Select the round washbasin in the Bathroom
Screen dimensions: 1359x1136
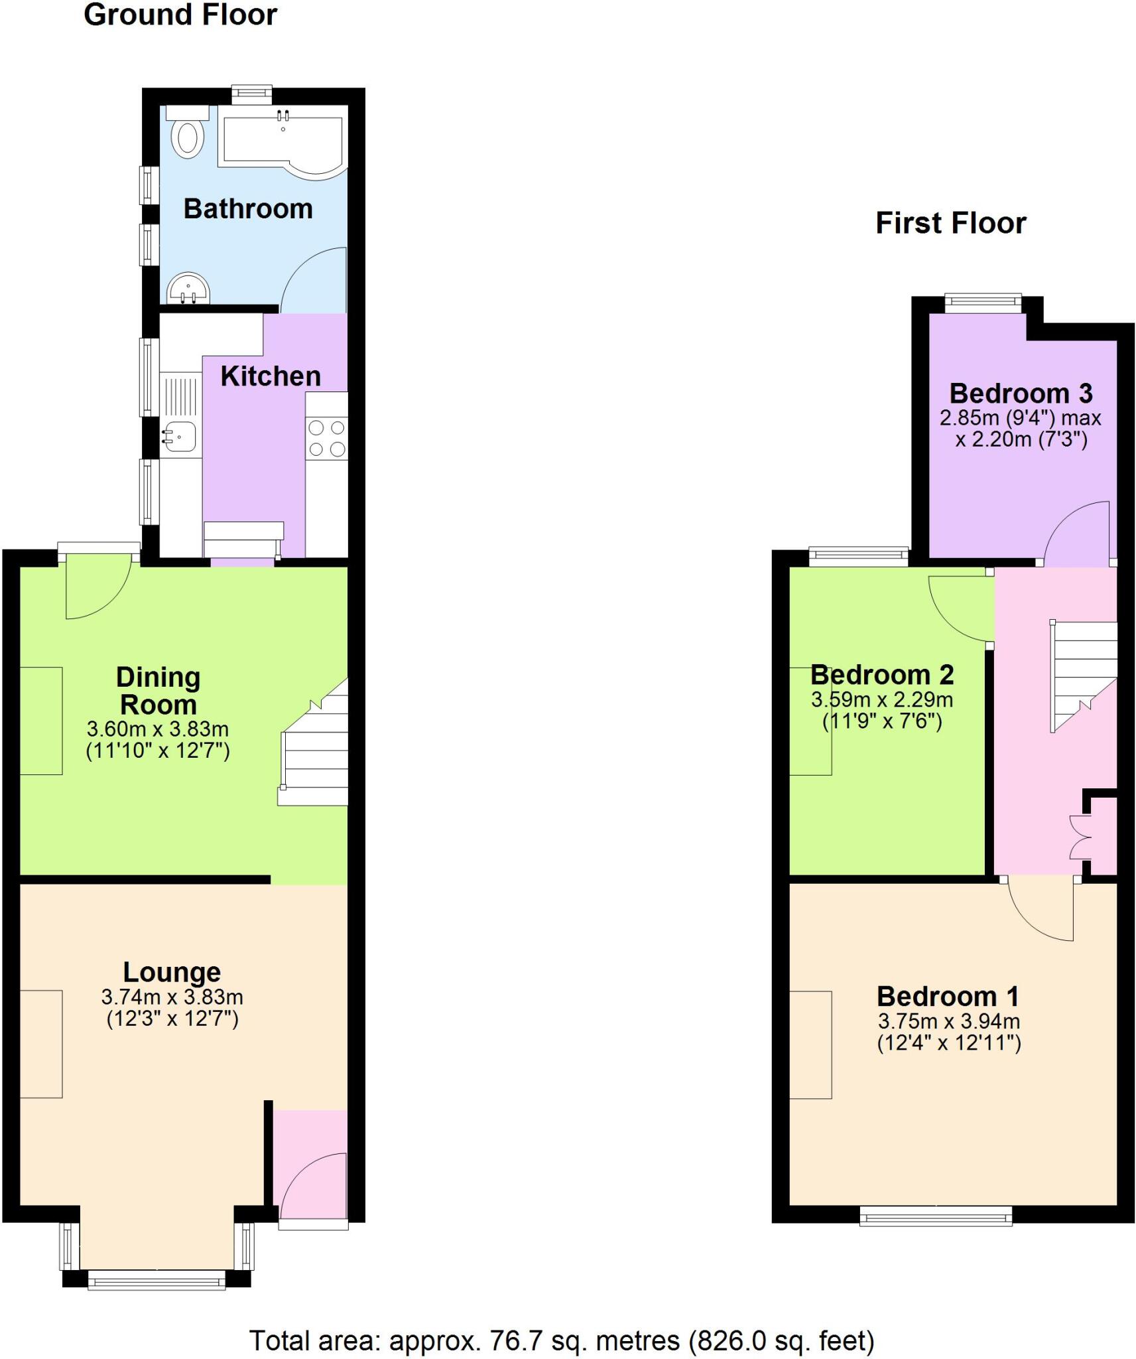188,289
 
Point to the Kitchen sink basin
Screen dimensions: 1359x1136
179,437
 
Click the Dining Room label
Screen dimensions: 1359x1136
158,690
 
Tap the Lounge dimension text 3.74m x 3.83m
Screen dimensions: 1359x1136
172,997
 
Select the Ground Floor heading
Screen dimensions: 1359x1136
180,15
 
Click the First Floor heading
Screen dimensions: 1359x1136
950,223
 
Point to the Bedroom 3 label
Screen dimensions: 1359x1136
1021,393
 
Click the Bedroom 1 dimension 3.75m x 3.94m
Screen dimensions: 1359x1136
948,1021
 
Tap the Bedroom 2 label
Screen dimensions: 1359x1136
882,675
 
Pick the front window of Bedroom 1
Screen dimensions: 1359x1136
936,1215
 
